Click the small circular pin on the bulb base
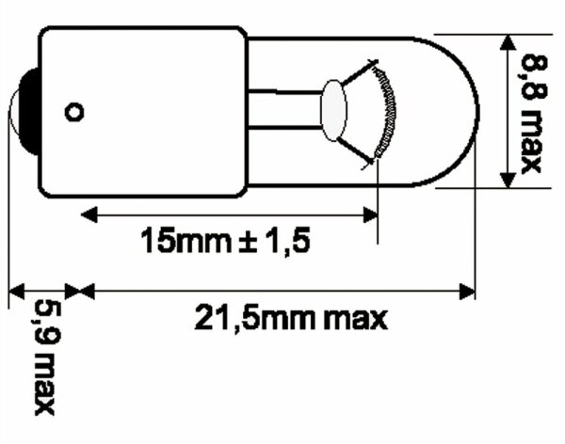click(x=74, y=112)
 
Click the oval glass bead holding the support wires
click(x=334, y=110)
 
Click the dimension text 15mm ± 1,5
click(x=224, y=242)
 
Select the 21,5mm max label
click(x=291, y=319)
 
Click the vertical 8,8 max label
click(x=529, y=112)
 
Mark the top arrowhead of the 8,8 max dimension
click(x=508, y=44)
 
